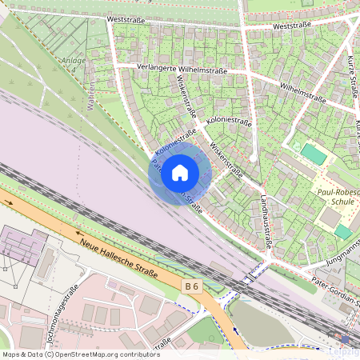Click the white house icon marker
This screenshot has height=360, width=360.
[180, 173]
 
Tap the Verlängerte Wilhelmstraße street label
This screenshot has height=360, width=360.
[182, 70]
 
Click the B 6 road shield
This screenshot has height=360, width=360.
[191, 286]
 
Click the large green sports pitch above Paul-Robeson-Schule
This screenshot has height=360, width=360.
[314, 154]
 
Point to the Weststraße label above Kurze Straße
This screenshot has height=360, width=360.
[291, 26]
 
